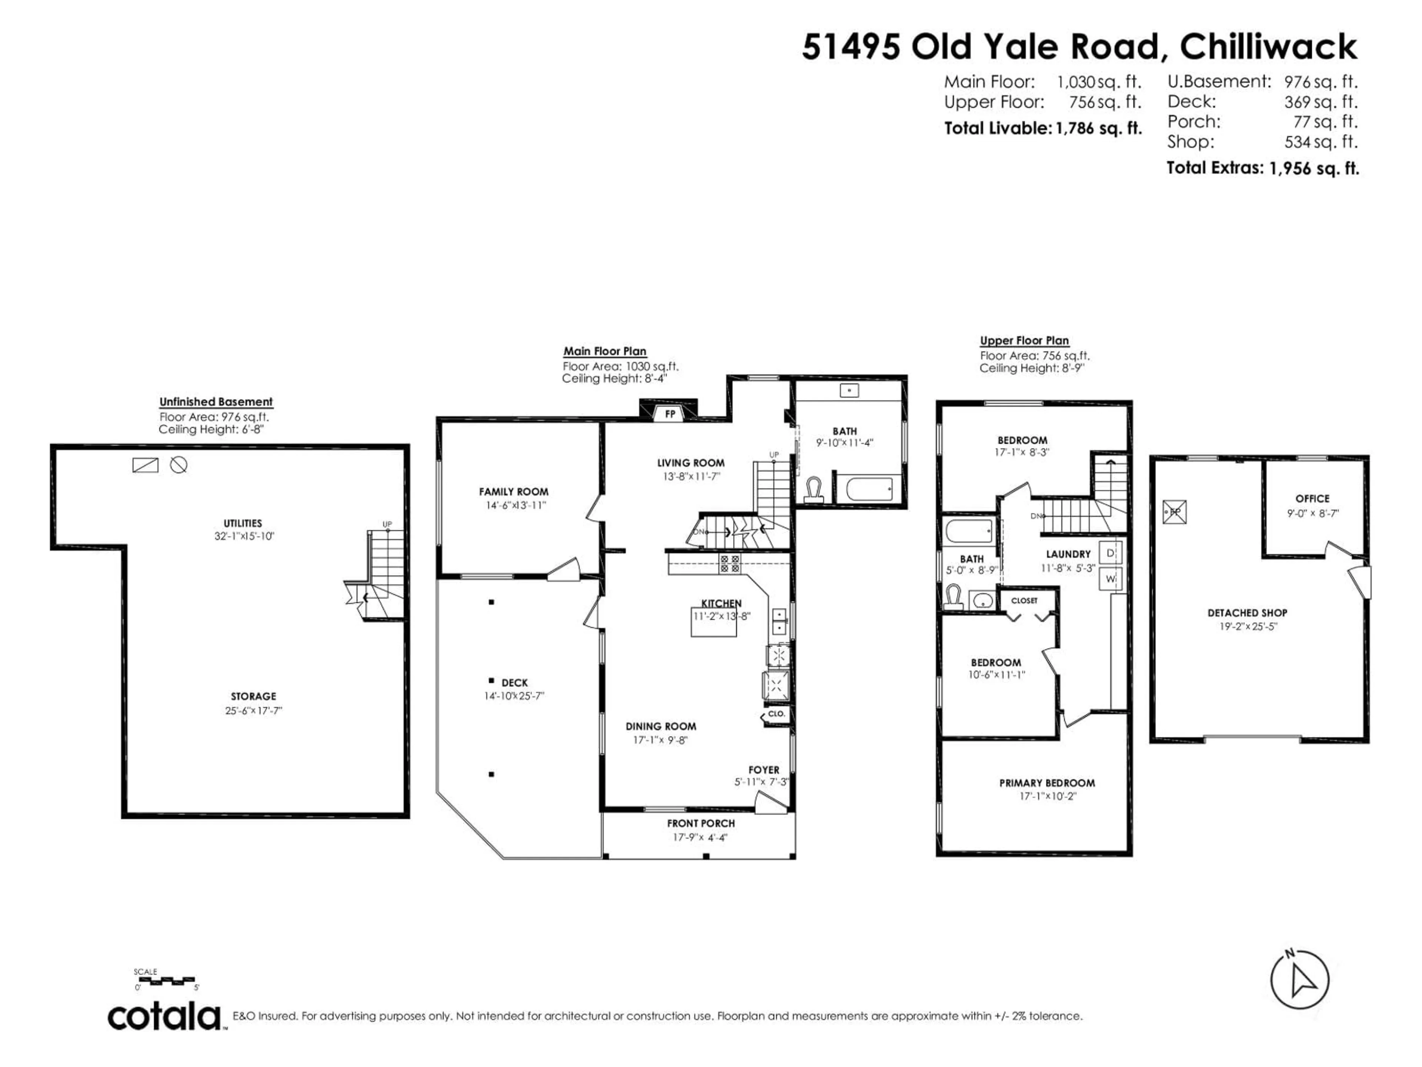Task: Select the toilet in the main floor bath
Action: [814, 490]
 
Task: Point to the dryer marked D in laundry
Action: [1110, 553]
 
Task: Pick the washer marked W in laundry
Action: [1110, 578]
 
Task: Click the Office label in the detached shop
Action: [1312, 498]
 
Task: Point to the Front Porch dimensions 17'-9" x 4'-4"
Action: [700, 837]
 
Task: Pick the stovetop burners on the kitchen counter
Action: [730, 564]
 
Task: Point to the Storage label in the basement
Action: [253, 697]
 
